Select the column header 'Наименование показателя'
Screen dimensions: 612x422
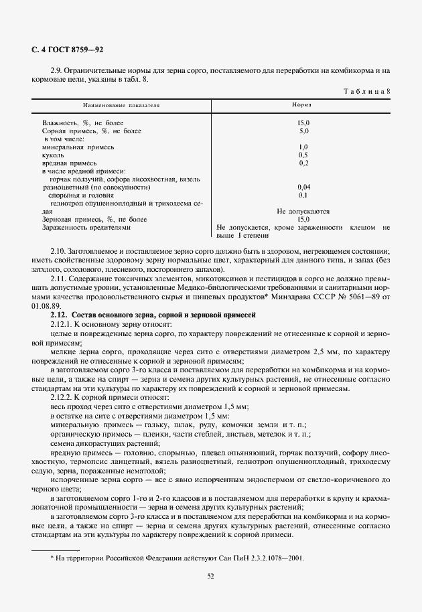click(121, 105)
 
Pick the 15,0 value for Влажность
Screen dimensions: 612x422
click(303, 123)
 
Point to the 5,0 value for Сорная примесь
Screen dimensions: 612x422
click(303, 131)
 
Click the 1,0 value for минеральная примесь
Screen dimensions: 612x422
click(303, 147)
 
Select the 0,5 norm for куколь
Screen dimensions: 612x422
click(303, 155)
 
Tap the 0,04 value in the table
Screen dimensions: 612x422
click(303, 187)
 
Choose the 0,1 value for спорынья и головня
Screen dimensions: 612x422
click(303, 195)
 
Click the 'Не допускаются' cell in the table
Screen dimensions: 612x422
click(303, 211)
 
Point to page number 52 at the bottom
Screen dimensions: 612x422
click(210, 575)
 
